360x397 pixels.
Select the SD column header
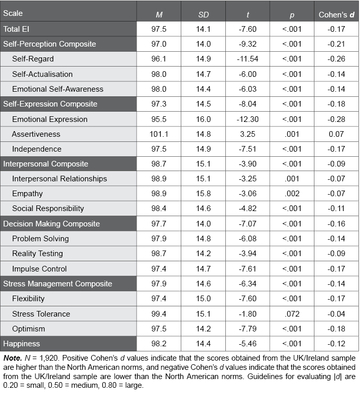[204, 14]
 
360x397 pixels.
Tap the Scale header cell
[13, 13]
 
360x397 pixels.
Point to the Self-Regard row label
[33, 59]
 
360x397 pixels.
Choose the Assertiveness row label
[36, 134]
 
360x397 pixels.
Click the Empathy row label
[28, 194]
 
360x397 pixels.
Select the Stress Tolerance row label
[41, 314]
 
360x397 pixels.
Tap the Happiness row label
[22, 344]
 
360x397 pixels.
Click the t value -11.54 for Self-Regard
[247, 59]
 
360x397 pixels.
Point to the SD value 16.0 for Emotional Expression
[203, 119]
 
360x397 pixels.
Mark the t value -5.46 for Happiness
[247, 344]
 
